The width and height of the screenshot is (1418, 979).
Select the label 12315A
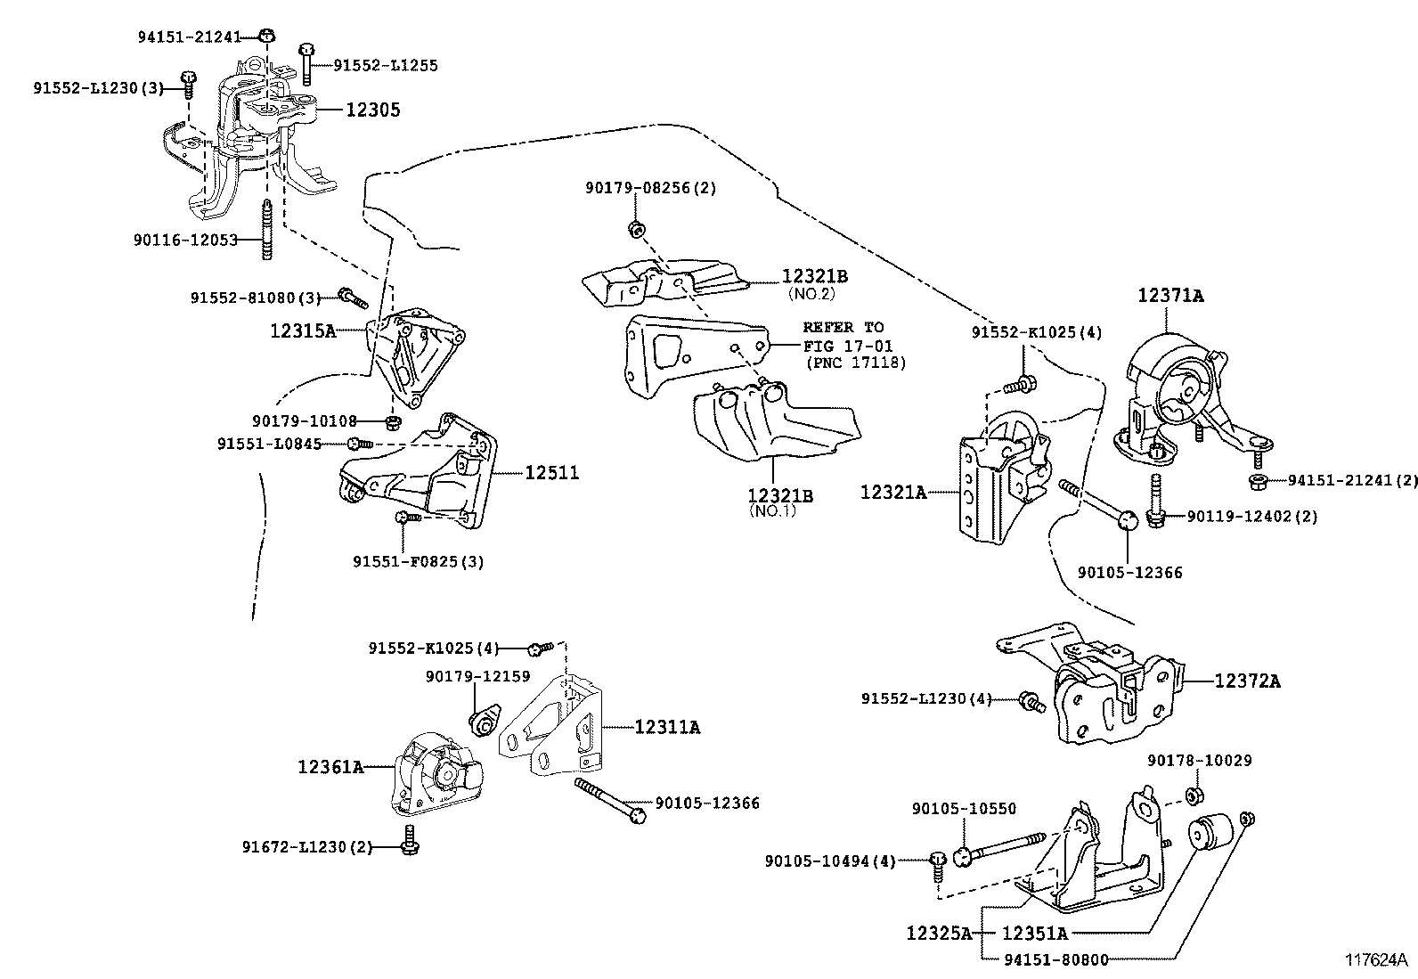(303, 330)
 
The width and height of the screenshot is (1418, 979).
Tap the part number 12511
(551, 473)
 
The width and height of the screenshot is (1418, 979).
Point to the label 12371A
(1169, 296)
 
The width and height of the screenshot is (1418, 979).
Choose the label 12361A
(330, 766)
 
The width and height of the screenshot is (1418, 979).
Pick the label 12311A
(667, 728)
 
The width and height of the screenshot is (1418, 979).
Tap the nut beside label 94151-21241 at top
(267, 36)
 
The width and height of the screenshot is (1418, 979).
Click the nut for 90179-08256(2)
(636, 229)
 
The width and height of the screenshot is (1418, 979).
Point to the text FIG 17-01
(848, 346)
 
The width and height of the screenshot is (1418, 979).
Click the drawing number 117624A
(1375, 960)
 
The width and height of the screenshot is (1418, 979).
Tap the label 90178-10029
(1199, 761)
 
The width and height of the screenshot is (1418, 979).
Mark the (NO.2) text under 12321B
(811, 293)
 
